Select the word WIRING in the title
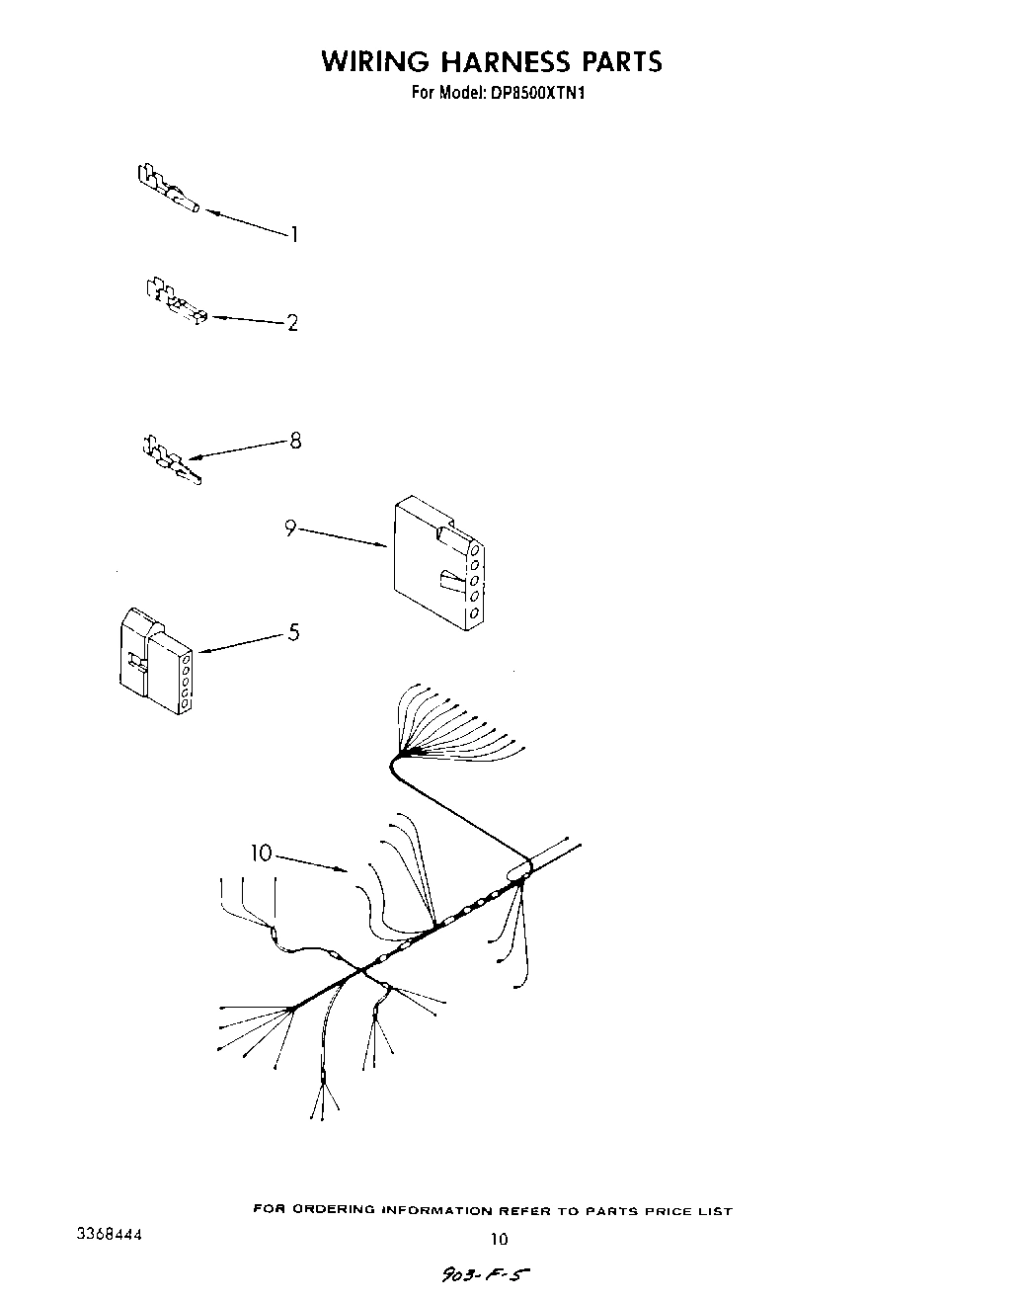pos(375,61)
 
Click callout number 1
pos(293,234)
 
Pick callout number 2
pos(292,322)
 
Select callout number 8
pos(294,441)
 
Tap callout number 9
pos(290,529)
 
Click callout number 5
pos(293,632)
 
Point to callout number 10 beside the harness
pos(261,853)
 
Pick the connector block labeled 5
pos(153,662)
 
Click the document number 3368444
pos(110,1236)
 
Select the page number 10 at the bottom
pos(500,1240)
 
